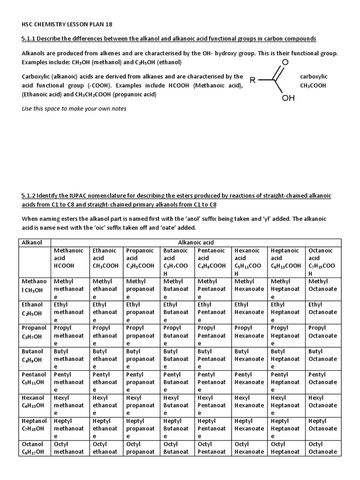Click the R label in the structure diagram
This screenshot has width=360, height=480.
tap(253, 80)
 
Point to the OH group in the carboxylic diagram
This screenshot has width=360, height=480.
tap(288, 98)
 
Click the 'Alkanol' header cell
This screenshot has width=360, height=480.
tap(32, 242)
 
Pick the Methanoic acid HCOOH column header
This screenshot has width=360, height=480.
tap(68, 258)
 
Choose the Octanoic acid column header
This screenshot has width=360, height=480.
tap(323, 262)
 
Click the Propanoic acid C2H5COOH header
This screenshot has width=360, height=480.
tap(141, 258)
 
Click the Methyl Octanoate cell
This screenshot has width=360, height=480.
tap(323, 285)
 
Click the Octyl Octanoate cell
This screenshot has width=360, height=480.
tap(323, 448)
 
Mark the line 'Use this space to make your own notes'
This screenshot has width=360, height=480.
tap(74, 108)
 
